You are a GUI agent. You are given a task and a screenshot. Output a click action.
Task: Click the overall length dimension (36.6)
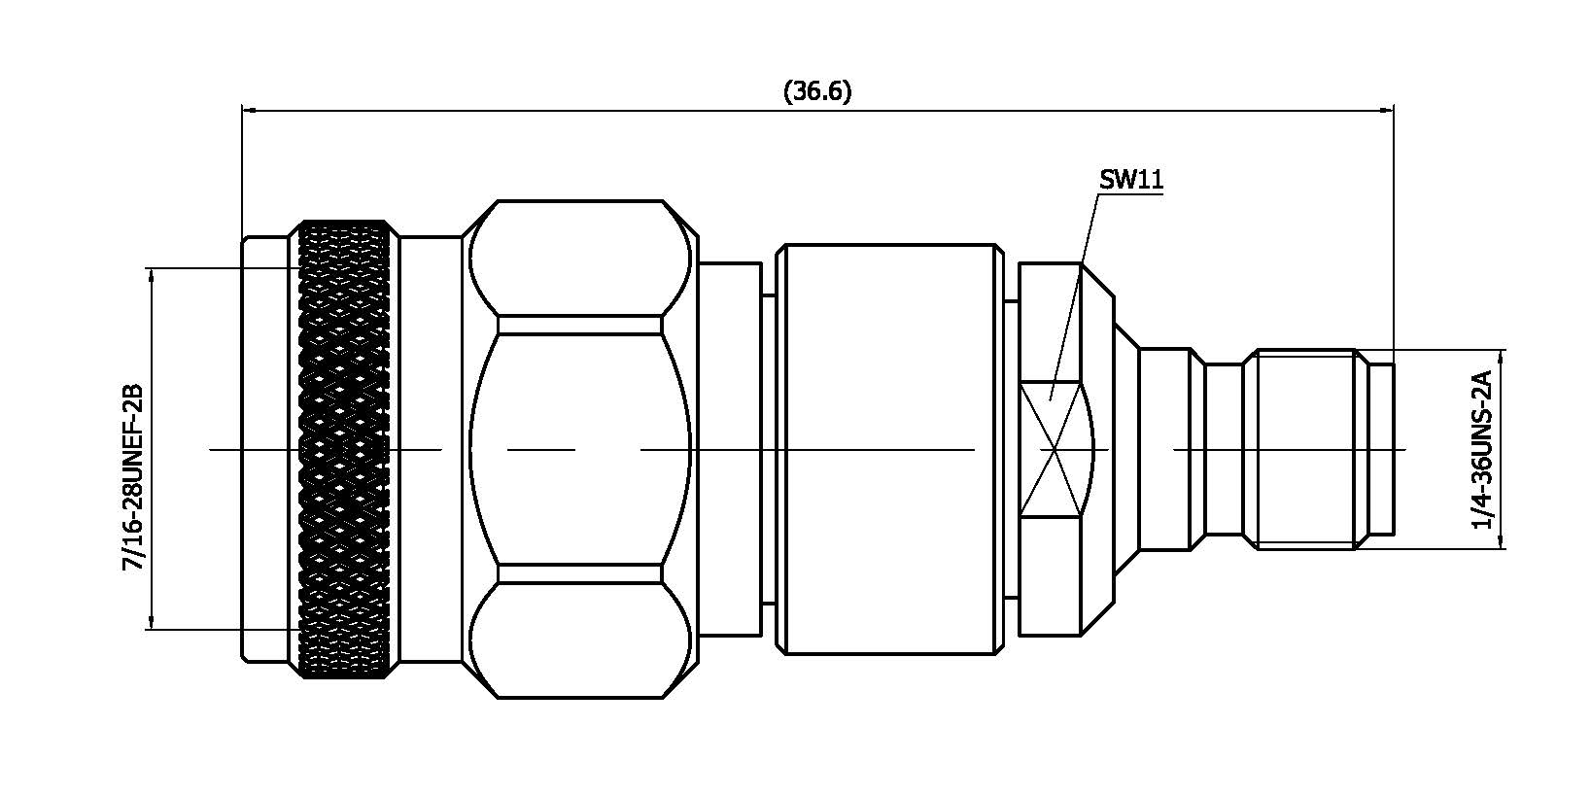pyautogui.click(x=816, y=91)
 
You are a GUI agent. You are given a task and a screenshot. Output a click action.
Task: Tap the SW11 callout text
pyautogui.click(x=1130, y=180)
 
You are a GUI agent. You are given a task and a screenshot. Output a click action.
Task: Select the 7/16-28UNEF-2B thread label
pyautogui.click(x=132, y=476)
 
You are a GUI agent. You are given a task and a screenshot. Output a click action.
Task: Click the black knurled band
pyautogui.click(x=346, y=449)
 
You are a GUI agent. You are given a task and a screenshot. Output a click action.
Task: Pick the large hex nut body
pyautogui.click(x=580, y=449)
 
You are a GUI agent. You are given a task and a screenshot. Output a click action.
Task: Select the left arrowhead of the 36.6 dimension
pyautogui.click(x=249, y=110)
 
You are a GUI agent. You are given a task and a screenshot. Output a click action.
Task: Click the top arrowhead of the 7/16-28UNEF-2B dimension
pyautogui.click(x=152, y=275)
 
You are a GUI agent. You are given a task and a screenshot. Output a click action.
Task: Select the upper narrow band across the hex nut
pyautogui.click(x=580, y=325)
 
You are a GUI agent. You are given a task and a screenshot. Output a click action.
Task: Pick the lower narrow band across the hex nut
pyautogui.click(x=580, y=573)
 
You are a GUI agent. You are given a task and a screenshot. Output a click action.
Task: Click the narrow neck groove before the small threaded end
pyautogui.click(x=1225, y=449)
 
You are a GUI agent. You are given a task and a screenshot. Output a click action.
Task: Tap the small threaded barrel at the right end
pyautogui.click(x=1304, y=449)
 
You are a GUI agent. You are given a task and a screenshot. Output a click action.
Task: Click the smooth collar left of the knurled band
pyautogui.click(x=266, y=449)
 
